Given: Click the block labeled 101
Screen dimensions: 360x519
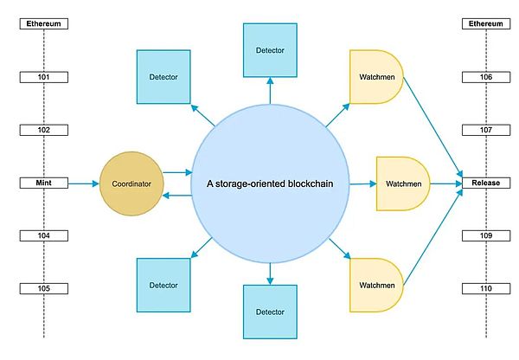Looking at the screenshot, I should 44,78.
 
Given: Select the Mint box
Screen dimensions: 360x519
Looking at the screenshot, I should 44,183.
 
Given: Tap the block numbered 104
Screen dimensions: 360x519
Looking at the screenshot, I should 44,235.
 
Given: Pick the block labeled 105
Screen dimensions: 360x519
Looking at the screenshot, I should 44,288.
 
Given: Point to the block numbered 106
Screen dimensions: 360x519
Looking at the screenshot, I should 486,78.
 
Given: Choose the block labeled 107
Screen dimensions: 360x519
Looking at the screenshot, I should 486,131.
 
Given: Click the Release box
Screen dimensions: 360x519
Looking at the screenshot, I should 486,183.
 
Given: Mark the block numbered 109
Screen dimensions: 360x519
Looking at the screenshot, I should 486,235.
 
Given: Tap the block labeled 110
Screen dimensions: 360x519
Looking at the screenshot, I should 486,288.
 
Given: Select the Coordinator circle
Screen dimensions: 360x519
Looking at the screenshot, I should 131,183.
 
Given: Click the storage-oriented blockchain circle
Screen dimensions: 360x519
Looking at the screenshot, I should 271,183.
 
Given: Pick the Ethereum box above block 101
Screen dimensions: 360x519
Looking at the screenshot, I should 44,24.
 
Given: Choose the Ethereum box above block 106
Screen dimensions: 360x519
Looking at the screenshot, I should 486,24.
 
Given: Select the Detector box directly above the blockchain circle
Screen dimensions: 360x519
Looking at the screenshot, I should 270,49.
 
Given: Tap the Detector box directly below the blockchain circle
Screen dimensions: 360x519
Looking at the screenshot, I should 270,311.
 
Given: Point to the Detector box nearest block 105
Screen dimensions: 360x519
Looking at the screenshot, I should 163,284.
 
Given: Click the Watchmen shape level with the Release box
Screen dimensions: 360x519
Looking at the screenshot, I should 402,183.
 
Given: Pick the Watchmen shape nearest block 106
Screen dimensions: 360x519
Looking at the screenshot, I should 375,77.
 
